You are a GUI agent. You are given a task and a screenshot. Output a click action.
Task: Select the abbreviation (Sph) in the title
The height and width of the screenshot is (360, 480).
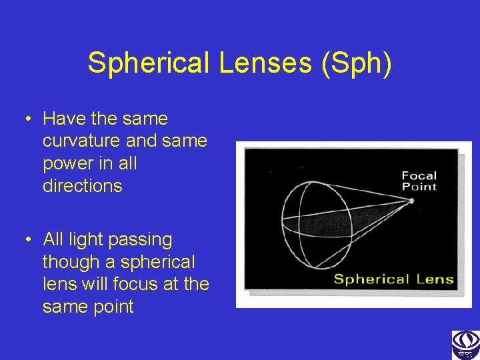coord(357,63)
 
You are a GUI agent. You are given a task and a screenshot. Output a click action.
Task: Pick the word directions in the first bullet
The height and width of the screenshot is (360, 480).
coord(82,186)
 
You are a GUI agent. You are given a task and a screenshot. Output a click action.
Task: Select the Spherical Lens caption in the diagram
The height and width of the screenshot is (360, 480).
coord(393,279)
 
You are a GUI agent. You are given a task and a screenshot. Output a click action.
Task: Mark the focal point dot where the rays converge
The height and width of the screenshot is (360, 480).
coord(413,200)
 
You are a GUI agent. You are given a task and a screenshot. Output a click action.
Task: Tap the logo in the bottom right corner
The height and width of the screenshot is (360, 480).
coord(465,345)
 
